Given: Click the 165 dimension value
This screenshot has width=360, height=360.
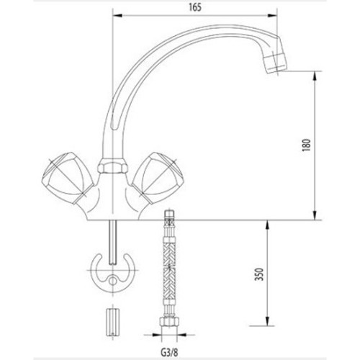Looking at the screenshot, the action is [195, 7].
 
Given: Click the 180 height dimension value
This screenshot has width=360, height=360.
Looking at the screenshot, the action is [307, 145].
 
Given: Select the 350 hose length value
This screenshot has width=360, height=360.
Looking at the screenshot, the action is [259, 274].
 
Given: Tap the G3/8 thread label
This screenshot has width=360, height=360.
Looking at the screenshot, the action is [169, 352].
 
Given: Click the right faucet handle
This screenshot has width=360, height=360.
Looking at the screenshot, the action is [158, 178].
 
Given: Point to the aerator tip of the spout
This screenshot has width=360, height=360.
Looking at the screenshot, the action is [275, 63].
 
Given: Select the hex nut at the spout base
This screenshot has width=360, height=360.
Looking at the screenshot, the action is [112, 166].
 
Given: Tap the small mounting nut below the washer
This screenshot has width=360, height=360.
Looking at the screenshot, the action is [112, 323].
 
